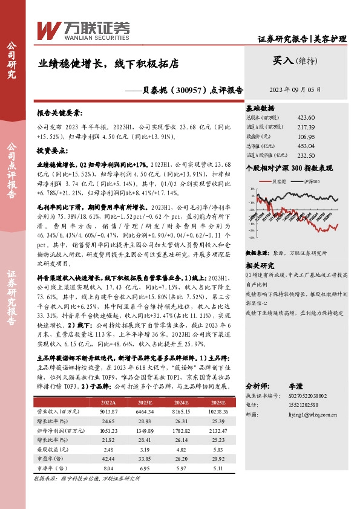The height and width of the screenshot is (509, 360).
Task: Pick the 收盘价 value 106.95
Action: pyautogui.click(x=306, y=136)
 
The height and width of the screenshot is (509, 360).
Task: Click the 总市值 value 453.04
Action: pyautogui.click(x=306, y=146)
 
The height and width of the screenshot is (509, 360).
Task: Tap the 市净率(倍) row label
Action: pyautogui.click(x=52, y=468)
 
